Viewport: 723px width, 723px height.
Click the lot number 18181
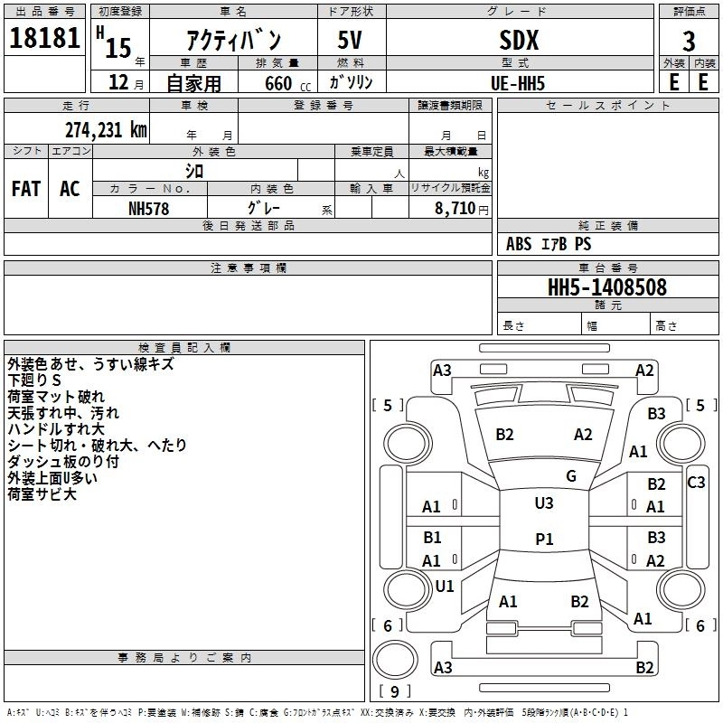click(x=45, y=41)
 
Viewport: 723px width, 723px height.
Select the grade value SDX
click(x=519, y=41)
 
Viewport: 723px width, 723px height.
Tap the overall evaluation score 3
click(x=689, y=42)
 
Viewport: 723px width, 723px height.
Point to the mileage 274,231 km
click(x=105, y=129)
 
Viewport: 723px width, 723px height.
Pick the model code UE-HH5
click(x=519, y=83)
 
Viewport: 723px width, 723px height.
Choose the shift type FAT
click(x=26, y=189)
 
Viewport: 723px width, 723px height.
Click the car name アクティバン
click(x=233, y=42)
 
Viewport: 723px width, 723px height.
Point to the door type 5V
click(x=352, y=42)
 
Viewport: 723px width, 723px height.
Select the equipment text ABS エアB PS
click(x=549, y=244)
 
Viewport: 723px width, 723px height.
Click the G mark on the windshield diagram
click(x=570, y=476)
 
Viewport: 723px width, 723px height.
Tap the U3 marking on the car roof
click(x=543, y=503)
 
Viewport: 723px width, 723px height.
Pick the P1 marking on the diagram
click(x=543, y=539)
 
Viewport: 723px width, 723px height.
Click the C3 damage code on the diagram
click(x=696, y=483)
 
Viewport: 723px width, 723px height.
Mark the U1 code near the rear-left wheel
click(x=445, y=587)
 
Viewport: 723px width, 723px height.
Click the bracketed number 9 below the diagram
click(x=393, y=692)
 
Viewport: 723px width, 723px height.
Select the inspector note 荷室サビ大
click(x=42, y=494)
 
